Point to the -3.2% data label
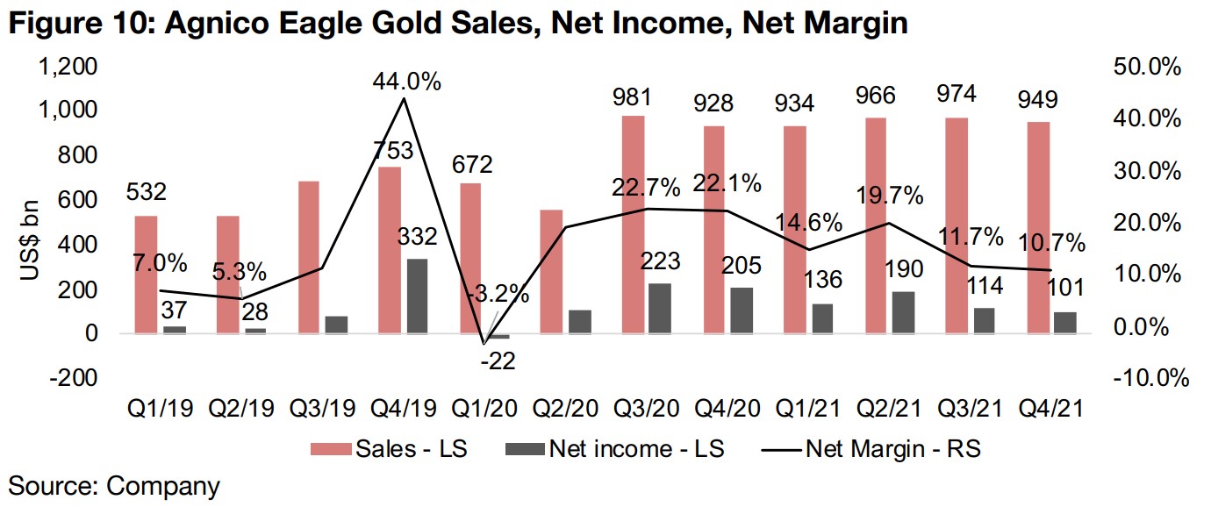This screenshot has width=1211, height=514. click(499, 294)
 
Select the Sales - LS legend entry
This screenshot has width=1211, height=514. click(391, 449)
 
